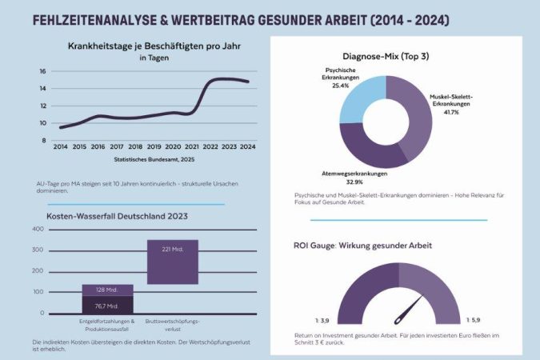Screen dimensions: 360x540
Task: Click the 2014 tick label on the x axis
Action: coord(61,147)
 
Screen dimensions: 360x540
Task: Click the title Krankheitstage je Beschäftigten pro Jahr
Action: coord(154,46)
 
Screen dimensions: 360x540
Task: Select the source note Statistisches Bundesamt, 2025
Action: coord(154,160)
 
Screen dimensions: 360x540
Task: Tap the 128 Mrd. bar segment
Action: coord(106,290)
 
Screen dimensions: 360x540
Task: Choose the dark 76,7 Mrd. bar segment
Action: coord(106,306)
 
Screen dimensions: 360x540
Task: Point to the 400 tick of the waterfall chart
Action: coord(38,230)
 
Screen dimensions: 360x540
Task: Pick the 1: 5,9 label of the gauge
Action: coord(474,320)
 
